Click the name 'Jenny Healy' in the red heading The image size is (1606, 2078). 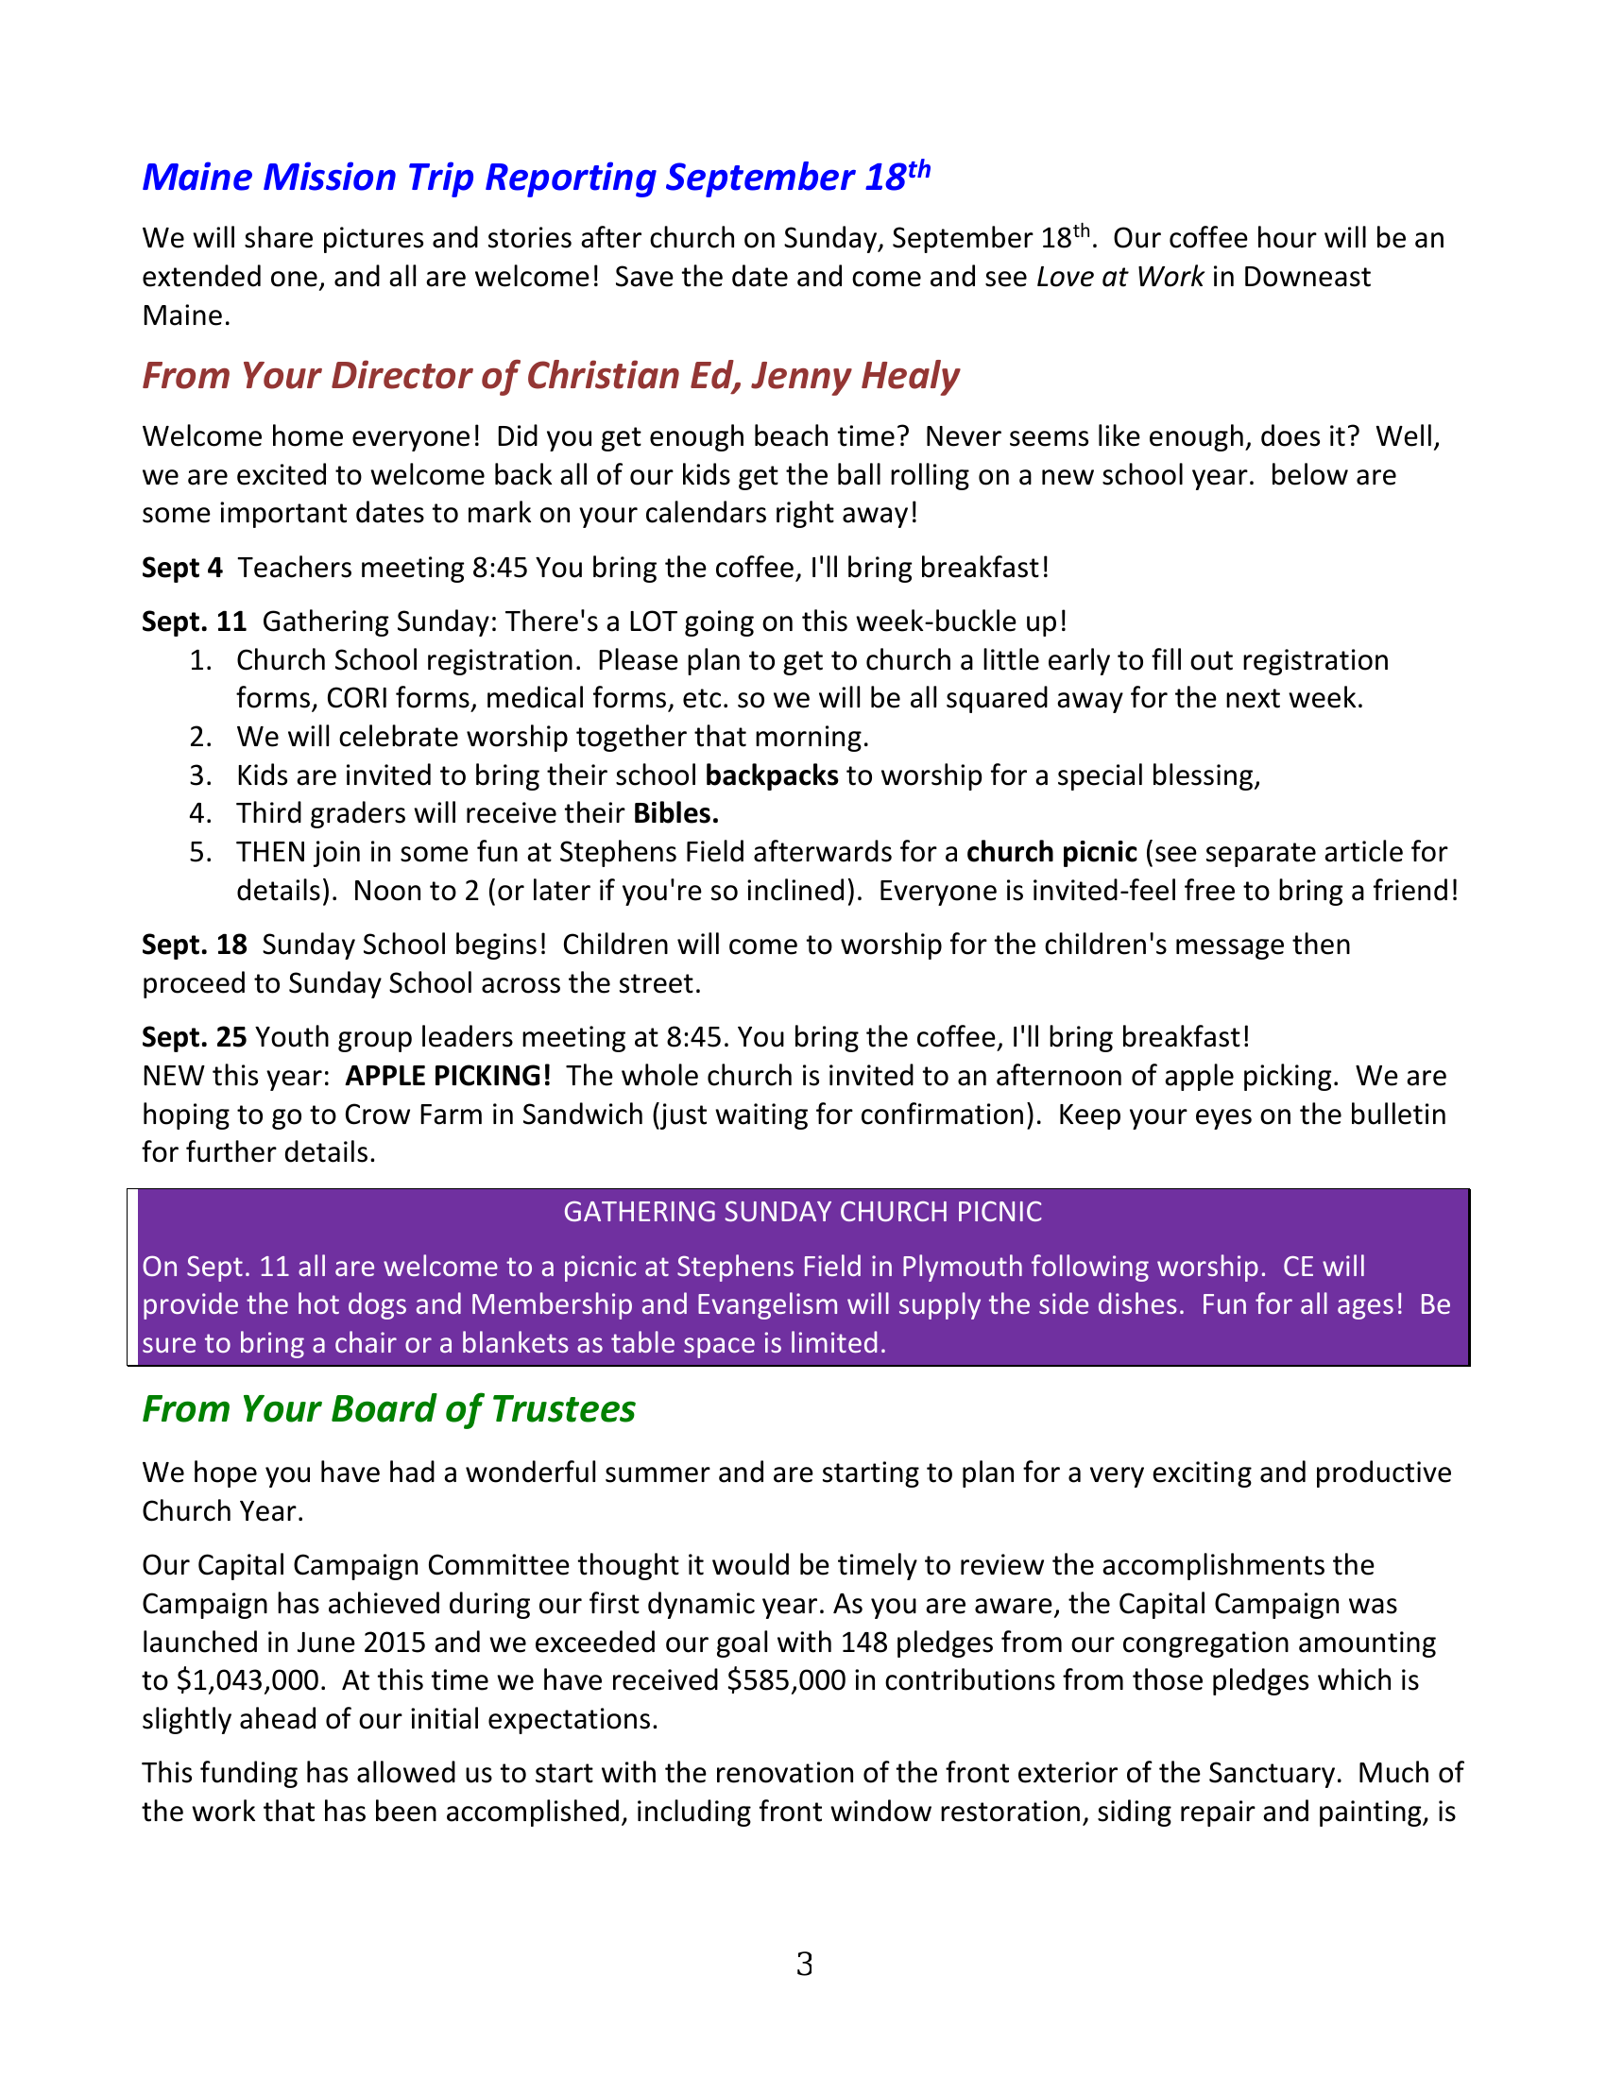click(x=854, y=376)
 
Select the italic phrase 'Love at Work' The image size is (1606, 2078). click(x=1119, y=277)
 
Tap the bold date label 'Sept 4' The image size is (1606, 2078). click(x=181, y=568)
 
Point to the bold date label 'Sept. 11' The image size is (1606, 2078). click(x=194, y=622)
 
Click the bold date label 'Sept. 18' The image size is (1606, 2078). click(x=194, y=945)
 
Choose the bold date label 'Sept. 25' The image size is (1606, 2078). click(x=194, y=1037)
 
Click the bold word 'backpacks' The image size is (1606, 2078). click(x=771, y=775)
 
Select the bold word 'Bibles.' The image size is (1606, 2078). click(x=675, y=813)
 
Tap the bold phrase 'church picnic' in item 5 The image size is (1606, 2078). click(x=1051, y=852)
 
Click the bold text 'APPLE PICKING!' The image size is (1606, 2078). click(x=448, y=1076)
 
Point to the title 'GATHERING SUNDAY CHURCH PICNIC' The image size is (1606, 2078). click(x=802, y=1212)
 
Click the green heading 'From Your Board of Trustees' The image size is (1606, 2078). click(x=388, y=1409)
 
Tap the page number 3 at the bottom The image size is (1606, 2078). click(x=804, y=1965)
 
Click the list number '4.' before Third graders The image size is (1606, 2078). click(x=199, y=813)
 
